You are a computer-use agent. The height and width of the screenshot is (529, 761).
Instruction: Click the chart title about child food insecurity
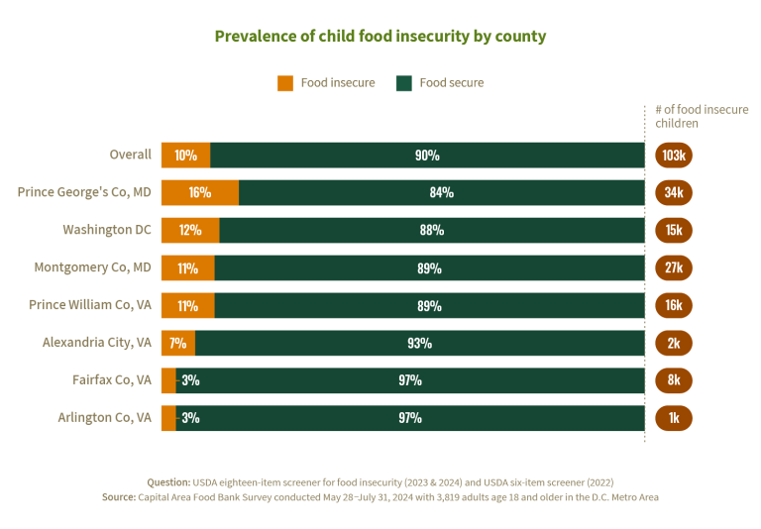pyautogui.click(x=380, y=37)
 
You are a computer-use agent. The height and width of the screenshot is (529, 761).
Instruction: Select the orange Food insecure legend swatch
pyautogui.click(x=285, y=83)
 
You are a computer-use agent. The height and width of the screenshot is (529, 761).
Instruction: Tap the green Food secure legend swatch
pyautogui.click(x=403, y=83)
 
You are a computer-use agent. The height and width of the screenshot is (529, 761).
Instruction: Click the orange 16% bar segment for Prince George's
pyautogui.click(x=199, y=192)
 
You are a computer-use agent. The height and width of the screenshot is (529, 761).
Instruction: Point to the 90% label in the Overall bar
pyautogui.click(x=427, y=156)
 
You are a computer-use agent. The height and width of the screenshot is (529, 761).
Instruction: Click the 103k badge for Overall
pyautogui.click(x=674, y=156)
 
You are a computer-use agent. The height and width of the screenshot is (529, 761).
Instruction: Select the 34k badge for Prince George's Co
pyautogui.click(x=674, y=192)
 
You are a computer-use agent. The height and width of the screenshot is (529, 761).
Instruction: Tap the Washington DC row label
pyautogui.click(x=107, y=230)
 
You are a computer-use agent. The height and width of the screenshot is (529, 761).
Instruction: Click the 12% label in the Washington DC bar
pyautogui.click(x=190, y=230)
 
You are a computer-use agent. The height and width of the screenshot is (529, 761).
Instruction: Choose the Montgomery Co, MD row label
pyautogui.click(x=93, y=267)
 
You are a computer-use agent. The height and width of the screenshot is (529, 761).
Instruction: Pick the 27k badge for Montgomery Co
pyautogui.click(x=674, y=267)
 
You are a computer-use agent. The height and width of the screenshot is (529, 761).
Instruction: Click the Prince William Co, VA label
pyautogui.click(x=90, y=305)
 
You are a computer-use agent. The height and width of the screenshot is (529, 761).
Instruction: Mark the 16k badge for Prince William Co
pyautogui.click(x=674, y=305)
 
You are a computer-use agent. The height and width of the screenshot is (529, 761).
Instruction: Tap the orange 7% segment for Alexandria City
pyautogui.click(x=177, y=343)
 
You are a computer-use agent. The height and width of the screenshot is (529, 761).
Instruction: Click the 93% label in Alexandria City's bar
pyautogui.click(x=419, y=343)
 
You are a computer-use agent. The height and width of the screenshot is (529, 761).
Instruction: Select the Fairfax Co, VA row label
pyautogui.click(x=112, y=379)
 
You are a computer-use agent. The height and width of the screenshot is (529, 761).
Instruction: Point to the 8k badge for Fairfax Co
pyautogui.click(x=674, y=379)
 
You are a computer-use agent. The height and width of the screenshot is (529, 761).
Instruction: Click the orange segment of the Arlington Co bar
pyautogui.click(x=167, y=417)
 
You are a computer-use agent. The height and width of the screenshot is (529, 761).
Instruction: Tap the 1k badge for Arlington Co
pyautogui.click(x=674, y=417)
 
